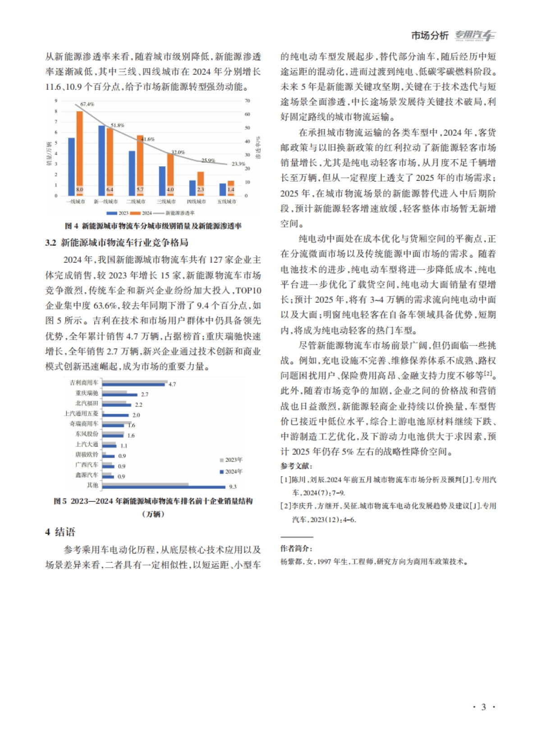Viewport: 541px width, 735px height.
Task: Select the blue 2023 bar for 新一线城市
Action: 102,160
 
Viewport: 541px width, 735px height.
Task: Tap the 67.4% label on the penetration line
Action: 87,104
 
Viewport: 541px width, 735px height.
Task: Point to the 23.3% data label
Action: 238,164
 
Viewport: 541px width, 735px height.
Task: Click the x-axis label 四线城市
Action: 196,202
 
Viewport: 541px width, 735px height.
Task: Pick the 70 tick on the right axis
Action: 247,101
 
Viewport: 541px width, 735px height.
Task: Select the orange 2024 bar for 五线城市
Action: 231,188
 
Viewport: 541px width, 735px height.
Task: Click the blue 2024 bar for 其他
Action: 164,487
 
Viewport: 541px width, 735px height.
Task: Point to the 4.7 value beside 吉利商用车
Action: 172,384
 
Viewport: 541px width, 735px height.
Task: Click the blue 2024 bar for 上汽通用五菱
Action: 115,415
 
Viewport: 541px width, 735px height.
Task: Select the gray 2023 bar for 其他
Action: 145,484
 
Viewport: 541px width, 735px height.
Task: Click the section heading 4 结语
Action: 60,532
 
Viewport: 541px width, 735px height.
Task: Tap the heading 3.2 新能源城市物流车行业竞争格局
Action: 116,243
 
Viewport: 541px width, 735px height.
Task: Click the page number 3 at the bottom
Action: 483,707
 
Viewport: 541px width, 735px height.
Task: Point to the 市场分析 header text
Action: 430,35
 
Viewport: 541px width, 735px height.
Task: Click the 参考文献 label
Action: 296,466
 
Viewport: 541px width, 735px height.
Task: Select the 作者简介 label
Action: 296,548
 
